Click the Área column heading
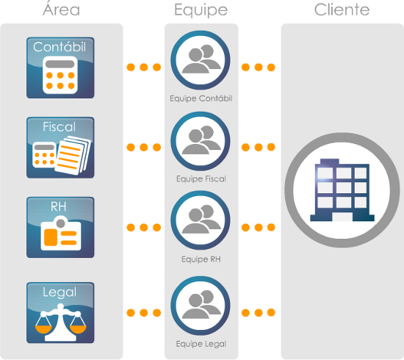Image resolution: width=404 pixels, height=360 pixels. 61,9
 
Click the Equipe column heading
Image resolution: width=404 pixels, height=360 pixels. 201,10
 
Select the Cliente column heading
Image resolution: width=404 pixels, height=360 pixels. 342,10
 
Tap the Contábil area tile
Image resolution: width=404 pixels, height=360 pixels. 60,68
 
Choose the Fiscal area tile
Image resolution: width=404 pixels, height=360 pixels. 60,148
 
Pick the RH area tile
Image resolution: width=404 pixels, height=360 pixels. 60,227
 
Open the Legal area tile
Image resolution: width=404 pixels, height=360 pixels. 60,312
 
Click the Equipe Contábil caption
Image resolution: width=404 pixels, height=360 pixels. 201,98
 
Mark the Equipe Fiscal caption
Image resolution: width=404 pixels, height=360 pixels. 201,179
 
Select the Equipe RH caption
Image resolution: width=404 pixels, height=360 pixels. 201,259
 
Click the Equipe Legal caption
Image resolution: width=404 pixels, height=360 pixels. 201,344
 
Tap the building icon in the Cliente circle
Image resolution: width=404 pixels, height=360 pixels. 342,190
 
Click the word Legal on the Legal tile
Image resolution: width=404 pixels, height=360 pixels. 59,292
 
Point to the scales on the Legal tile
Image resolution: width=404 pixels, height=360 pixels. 60,322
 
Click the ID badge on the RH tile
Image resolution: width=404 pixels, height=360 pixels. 61,233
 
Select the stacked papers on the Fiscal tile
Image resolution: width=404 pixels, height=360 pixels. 73,156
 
